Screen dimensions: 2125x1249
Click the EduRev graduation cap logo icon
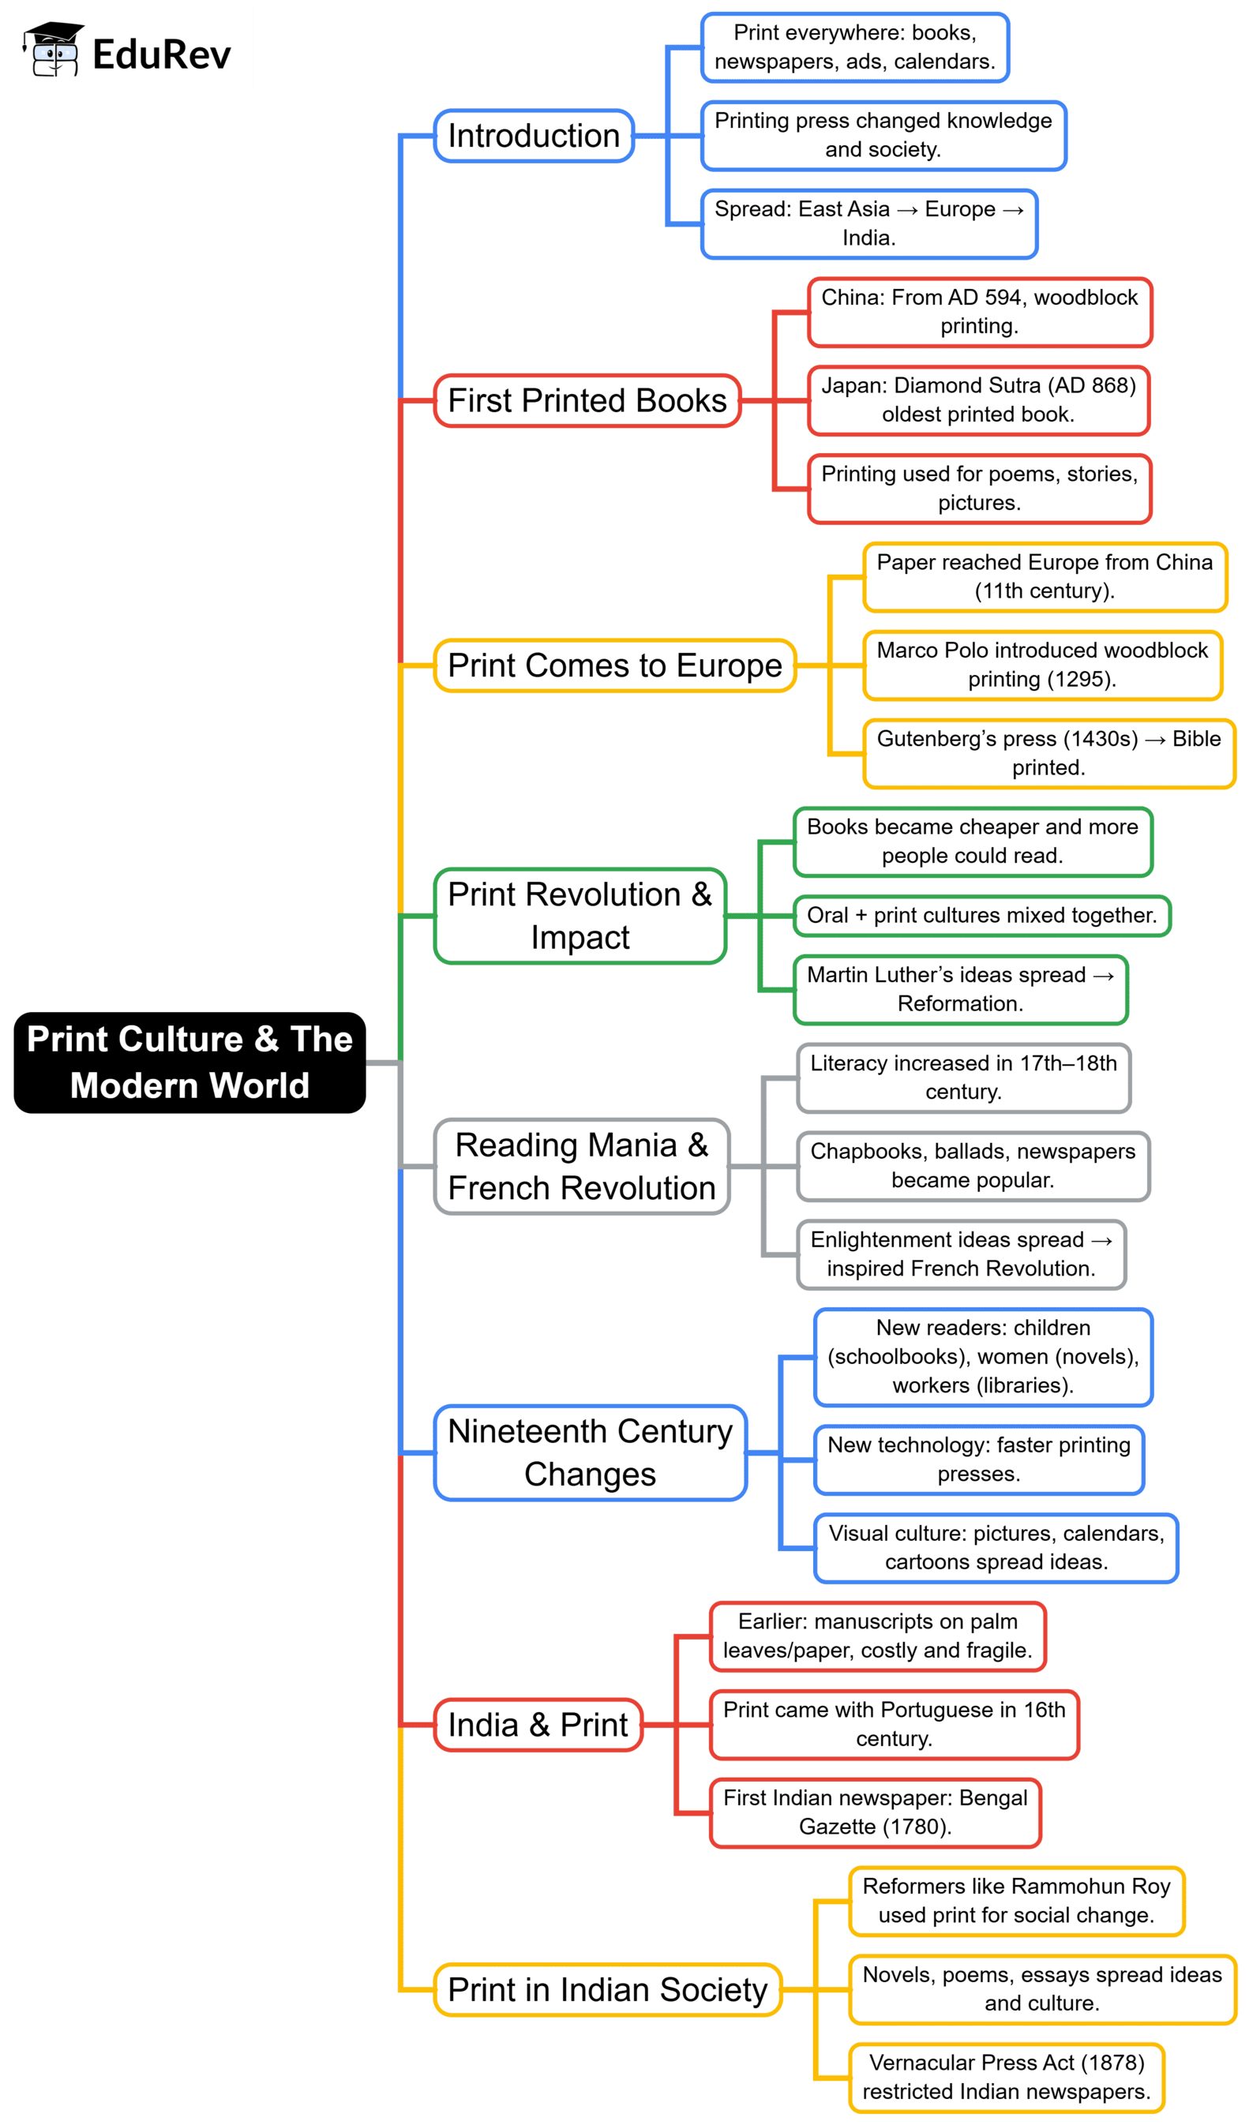click(x=53, y=50)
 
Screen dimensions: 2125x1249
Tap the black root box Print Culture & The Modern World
click(x=189, y=1062)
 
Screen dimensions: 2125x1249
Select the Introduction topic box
click(x=534, y=136)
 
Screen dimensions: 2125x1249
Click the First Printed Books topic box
click(x=587, y=400)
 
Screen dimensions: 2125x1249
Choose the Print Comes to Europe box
click(x=615, y=665)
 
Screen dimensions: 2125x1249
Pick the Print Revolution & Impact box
click(x=580, y=916)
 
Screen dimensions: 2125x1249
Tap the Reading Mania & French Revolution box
click(x=582, y=1166)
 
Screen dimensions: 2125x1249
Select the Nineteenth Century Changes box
click(x=591, y=1452)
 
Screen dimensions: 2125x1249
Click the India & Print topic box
click(x=538, y=1725)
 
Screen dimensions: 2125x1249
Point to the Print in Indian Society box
click(x=607, y=1989)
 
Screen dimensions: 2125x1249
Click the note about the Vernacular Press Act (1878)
click(x=1006, y=2077)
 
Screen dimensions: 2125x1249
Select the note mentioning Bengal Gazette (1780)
click(x=876, y=1812)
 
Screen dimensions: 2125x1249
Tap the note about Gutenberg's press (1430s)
click(x=1048, y=753)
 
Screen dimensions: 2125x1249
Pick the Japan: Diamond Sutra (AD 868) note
click(x=978, y=399)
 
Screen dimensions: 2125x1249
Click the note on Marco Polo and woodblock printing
click(x=1042, y=665)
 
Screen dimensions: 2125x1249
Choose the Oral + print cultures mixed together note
click(x=981, y=915)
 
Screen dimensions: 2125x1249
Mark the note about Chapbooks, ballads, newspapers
click(x=973, y=1165)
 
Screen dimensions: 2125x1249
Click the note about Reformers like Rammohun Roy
click(x=1016, y=1901)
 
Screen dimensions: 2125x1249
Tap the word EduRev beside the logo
click(x=161, y=54)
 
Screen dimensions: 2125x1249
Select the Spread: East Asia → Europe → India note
click(x=868, y=223)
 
